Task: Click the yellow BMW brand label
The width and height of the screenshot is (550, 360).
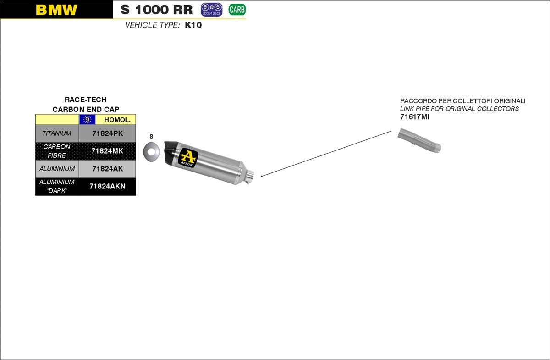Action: point(56,10)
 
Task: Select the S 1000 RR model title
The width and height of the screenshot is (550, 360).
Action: point(157,10)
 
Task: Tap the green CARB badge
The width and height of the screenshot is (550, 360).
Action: point(237,9)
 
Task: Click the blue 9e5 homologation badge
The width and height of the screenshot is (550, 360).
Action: point(211,9)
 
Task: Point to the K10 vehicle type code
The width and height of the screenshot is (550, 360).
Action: point(193,25)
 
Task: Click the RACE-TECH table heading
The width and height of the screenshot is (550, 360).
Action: point(86,100)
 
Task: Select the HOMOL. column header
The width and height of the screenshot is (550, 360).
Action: point(117,120)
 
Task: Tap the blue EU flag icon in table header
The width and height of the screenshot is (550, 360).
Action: point(87,120)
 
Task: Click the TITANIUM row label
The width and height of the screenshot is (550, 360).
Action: point(57,133)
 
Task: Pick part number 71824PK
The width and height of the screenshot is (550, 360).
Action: point(107,133)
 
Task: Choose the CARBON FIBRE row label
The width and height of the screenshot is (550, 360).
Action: point(57,151)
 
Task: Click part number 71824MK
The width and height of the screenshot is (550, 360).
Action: point(107,151)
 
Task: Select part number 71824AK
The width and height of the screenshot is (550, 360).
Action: point(107,169)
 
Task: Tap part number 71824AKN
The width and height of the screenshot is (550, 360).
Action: point(107,186)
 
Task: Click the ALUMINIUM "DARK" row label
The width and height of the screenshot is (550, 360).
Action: point(57,186)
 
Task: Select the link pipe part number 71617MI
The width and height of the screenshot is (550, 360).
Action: point(414,117)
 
